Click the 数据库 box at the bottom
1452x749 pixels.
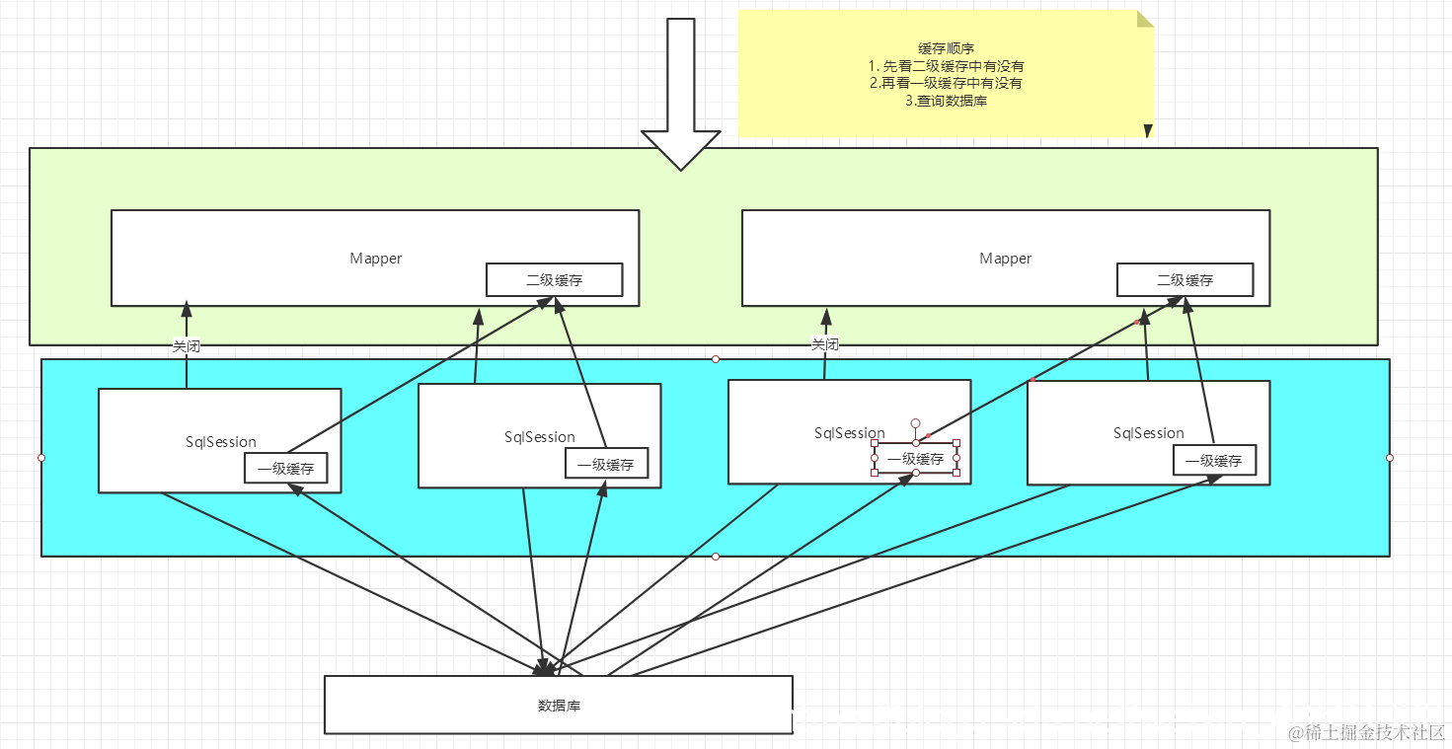pos(558,706)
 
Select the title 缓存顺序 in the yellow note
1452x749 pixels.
pos(946,48)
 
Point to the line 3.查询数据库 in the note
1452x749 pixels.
pos(946,101)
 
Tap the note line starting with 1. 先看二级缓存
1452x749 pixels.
pos(946,66)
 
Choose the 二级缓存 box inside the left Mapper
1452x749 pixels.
pos(554,280)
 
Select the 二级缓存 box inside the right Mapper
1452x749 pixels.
pos(1185,280)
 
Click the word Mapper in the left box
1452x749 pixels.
pos(375,259)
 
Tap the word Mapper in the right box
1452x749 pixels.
pos(1005,259)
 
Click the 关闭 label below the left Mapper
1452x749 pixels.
pos(187,346)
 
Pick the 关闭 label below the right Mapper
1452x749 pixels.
pos(824,344)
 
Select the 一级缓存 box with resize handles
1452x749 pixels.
pos(915,459)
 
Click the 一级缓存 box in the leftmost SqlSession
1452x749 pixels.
pos(285,469)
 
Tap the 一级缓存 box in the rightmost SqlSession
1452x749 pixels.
pos(1213,460)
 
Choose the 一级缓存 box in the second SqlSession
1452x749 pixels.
pos(605,464)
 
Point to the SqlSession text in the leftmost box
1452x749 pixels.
pos(221,442)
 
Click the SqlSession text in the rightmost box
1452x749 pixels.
pos(1148,433)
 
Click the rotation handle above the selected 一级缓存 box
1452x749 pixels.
pos(915,423)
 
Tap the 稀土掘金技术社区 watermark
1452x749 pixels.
pos(1368,732)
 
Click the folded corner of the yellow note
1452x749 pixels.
pos(1145,19)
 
